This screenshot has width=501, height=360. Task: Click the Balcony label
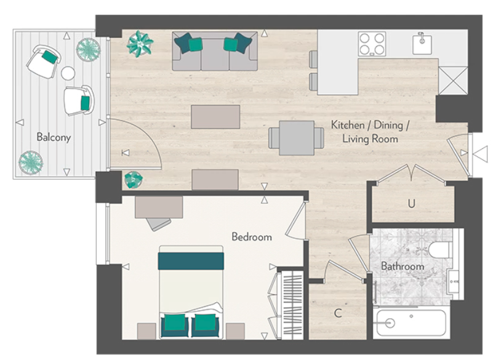[x=53, y=137]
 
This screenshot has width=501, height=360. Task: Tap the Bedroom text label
[x=251, y=237]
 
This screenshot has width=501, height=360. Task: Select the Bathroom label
[x=402, y=266]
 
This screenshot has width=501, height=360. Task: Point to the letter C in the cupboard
[x=337, y=313]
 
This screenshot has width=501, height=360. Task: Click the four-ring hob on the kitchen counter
[x=372, y=44]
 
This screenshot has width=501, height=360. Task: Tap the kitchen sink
[x=422, y=43]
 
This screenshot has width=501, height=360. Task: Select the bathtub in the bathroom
[x=409, y=322]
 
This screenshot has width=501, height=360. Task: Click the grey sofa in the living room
[x=214, y=51]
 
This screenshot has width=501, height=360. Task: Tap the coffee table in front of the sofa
[x=215, y=117]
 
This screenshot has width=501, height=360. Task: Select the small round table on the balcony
[x=68, y=73]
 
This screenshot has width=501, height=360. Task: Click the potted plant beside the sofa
[x=140, y=43]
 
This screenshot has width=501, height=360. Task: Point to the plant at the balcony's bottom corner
[x=30, y=162]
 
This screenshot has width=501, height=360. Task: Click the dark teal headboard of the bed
[x=190, y=260]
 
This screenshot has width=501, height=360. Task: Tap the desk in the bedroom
[x=159, y=206]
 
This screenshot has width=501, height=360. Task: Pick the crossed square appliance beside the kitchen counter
[x=453, y=80]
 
